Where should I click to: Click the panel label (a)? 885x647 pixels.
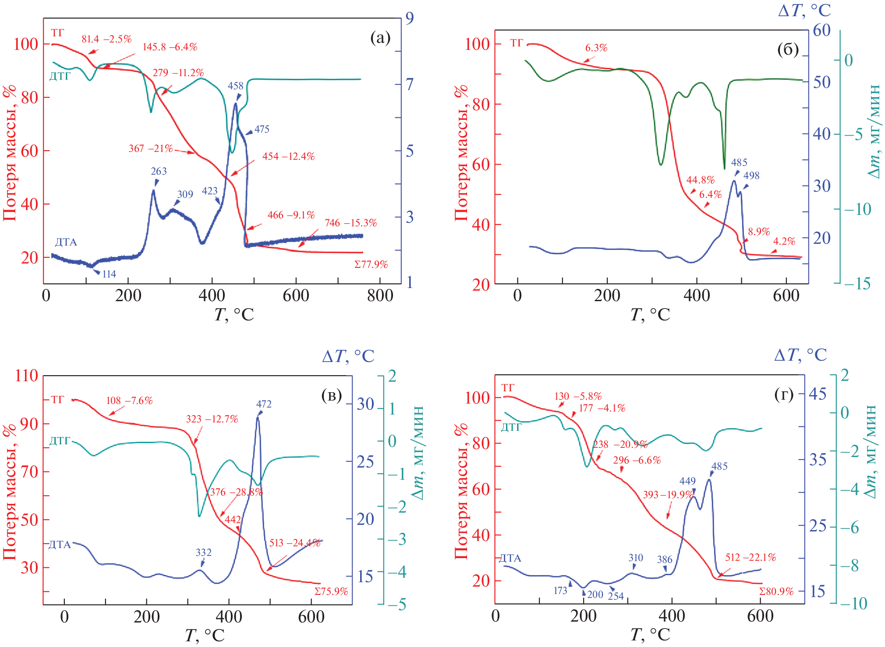380,38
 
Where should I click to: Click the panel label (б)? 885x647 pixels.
787,50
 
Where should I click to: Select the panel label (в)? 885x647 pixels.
331,395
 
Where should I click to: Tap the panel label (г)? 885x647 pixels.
784,395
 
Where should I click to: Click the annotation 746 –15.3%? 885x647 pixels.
350,223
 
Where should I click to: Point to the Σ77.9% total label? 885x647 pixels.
371,264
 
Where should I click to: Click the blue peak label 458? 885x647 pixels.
235,86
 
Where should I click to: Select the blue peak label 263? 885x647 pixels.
159,171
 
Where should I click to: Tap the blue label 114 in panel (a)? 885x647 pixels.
109,274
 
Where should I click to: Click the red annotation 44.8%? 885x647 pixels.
700,180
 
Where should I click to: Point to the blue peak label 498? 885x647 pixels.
751,176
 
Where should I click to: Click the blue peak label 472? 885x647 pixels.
264,404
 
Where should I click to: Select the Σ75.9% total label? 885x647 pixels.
331,591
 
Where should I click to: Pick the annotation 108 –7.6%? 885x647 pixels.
129,401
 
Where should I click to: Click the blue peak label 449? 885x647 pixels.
687,481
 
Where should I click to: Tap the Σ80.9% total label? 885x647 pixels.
776,591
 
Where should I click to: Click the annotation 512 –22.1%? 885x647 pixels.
750,557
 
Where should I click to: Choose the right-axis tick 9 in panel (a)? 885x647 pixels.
410,18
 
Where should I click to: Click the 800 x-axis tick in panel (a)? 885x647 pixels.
380,295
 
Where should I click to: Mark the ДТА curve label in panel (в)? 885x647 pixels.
60,545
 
